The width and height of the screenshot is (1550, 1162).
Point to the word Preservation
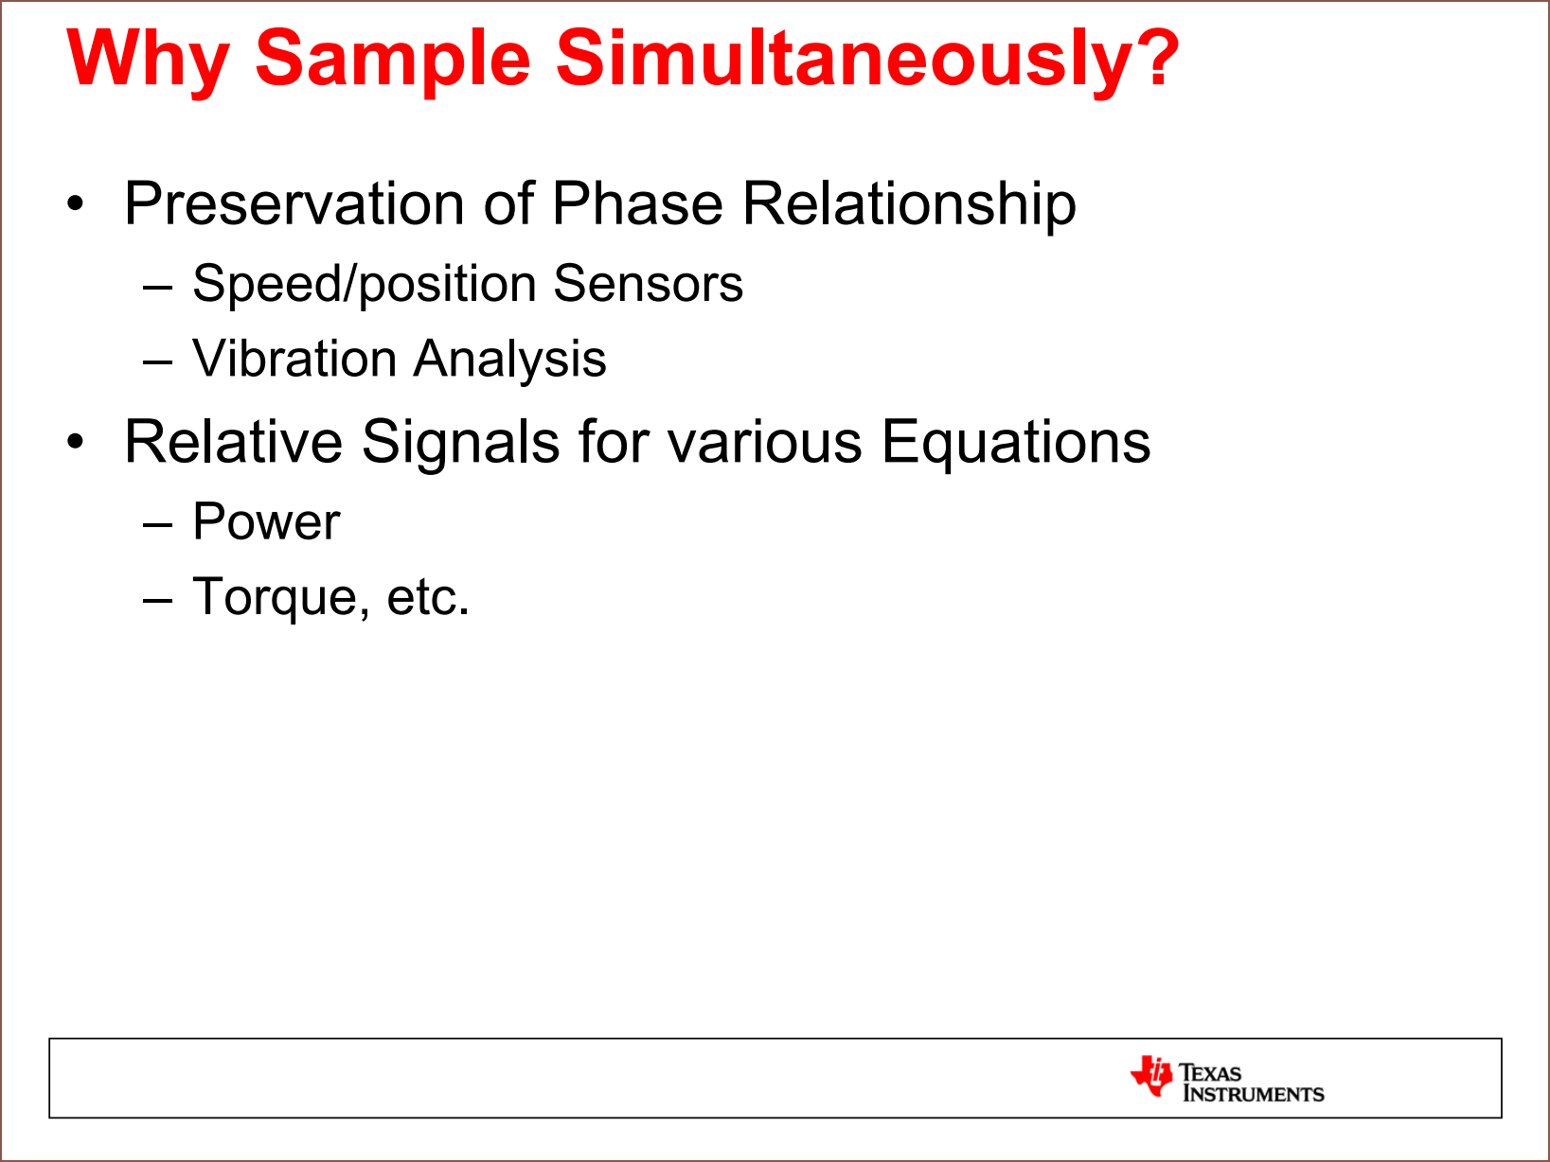point(294,203)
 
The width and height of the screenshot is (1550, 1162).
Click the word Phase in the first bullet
point(637,203)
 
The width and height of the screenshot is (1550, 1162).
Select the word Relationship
point(910,204)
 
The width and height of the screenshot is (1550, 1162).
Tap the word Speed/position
point(363,284)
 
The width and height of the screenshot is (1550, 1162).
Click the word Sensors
point(648,284)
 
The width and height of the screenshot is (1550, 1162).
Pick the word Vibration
point(294,359)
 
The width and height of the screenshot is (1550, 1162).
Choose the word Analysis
point(509,361)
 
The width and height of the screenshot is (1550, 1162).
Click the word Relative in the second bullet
point(234,442)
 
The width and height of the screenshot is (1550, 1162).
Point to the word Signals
point(460,444)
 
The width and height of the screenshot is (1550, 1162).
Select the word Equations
point(1015,444)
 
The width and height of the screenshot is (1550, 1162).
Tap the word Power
point(266,521)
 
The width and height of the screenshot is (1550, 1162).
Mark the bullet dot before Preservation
point(75,203)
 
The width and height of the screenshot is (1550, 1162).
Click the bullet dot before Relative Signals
point(75,442)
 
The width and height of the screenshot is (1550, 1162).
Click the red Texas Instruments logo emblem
point(1151,1075)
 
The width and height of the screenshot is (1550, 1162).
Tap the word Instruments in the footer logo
point(1254,1094)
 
